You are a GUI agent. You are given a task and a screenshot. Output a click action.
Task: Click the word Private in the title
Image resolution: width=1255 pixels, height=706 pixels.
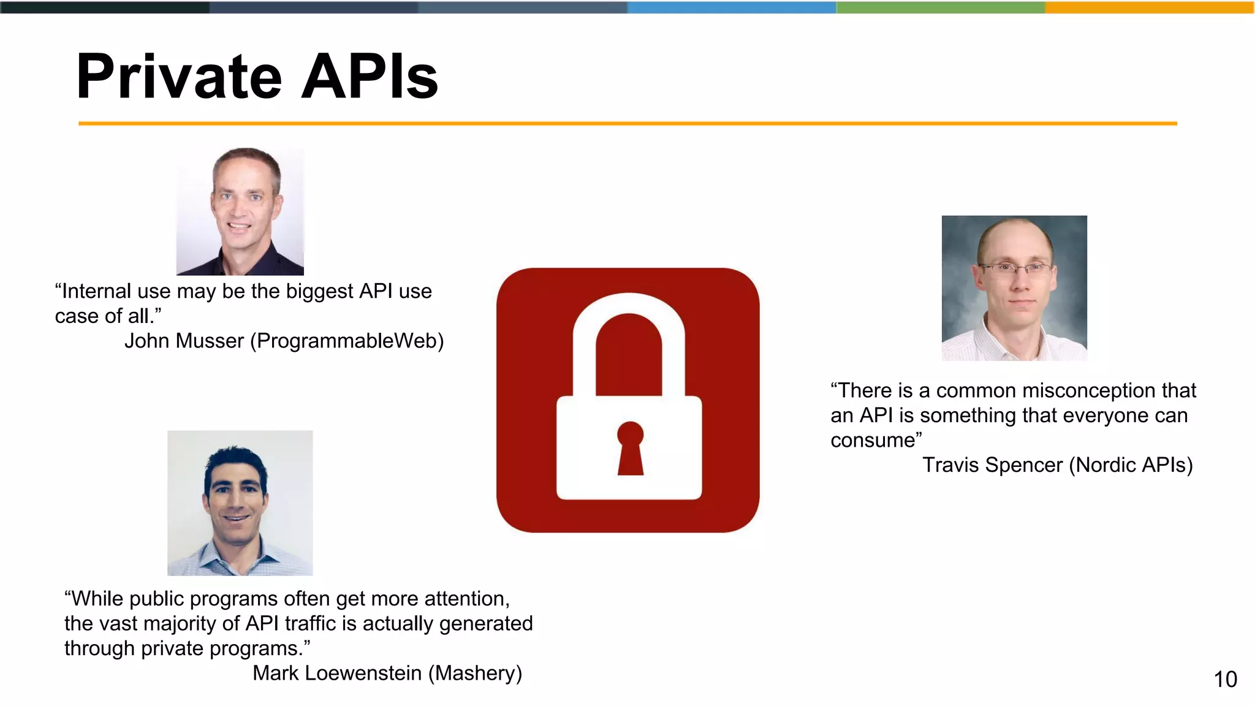click(x=178, y=77)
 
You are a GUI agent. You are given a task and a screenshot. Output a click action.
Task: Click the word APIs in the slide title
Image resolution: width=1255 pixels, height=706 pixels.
click(x=370, y=77)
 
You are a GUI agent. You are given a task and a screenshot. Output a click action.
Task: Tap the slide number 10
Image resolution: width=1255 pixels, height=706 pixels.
click(x=1225, y=679)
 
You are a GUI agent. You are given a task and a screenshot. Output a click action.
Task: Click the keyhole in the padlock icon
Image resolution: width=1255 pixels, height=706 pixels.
click(x=630, y=447)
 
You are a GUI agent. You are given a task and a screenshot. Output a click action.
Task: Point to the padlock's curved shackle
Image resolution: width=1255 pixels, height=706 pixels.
click(x=629, y=319)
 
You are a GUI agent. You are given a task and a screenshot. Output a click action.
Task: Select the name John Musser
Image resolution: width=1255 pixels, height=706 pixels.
click(x=184, y=341)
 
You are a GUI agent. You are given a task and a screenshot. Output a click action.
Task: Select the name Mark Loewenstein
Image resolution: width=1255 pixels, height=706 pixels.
click(x=337, y=673)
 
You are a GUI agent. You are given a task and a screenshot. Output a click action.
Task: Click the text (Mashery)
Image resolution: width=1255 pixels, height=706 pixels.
click(x=475, y=673)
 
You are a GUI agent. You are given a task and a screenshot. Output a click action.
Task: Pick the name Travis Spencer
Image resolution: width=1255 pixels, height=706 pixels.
click(x=992, y=465)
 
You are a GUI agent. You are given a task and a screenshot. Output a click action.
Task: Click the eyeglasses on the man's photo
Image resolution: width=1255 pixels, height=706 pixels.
click(x=1015, y=268)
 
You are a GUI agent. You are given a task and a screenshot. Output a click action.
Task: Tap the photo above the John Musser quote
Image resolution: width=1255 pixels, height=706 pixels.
click(x=240, y=211)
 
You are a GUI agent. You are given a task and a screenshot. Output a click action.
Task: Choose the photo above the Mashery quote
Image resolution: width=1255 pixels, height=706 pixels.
click(x=240, y=503)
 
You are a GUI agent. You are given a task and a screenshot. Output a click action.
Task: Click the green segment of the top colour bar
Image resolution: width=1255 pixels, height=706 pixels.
click(x=941, y=7)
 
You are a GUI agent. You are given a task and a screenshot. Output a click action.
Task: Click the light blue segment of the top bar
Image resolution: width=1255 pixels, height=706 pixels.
click(x=732, y=7)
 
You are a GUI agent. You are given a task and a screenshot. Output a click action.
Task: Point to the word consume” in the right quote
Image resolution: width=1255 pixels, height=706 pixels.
click(x=876, y=440)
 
